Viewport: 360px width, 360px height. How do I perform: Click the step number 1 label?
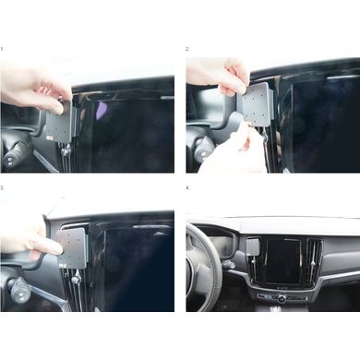pyautogui.click(x=2, y=49)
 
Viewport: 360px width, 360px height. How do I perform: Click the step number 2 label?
pyautogui.click(x=187, y=49)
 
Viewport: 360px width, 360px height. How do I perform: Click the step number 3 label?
pyautogui.click(x=2, y=187)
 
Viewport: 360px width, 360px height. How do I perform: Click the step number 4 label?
pyautogui.click(x=187, y=187)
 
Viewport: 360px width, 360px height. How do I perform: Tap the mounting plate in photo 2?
pyautogui.click(x=256, y=105)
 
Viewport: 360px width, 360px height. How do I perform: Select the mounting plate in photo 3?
pyautogui.click(x=73, y=248)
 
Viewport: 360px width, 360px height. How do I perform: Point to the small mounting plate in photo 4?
pyautogui.click(x=253, y=246)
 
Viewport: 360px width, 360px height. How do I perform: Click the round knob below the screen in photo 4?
pyautogui.click(x=282, y=298)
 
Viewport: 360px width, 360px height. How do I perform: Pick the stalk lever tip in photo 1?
pyautogui.click(x=10, y=160)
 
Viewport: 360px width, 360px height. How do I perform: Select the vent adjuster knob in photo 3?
pyautogui.click(x=76, y=279)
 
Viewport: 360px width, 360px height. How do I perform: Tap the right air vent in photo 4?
pyautogui.click(x=314, y=262)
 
